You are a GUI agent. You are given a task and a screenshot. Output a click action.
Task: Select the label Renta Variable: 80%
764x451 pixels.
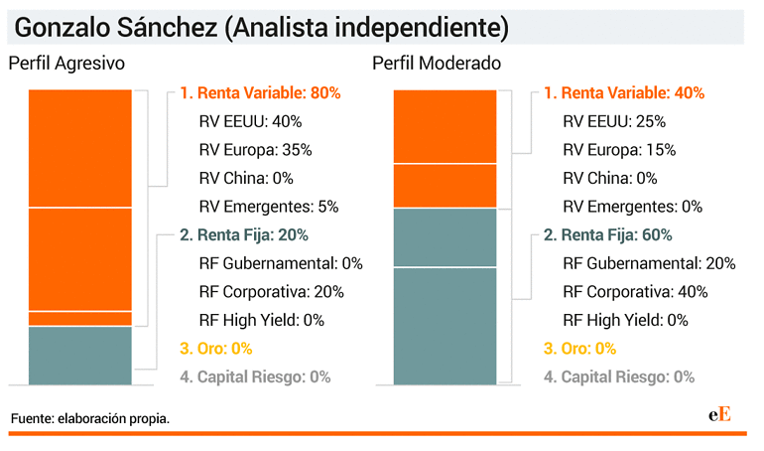pos(260,93)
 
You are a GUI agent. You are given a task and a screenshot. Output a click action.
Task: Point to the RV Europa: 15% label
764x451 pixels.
pos(619,150)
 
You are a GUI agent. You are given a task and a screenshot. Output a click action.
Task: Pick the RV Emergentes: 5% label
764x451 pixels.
pos(269,207)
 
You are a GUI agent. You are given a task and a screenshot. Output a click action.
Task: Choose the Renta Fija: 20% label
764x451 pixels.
pos(244,235)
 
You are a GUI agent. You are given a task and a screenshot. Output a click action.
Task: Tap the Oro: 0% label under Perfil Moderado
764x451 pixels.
pos(579,349)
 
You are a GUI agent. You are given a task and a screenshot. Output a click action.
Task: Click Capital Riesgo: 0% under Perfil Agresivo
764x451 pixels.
pos(255,376)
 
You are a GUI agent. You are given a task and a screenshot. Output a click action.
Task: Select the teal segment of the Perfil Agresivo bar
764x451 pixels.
pos(79,356)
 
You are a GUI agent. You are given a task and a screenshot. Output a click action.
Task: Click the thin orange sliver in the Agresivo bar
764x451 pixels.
pos(79,319)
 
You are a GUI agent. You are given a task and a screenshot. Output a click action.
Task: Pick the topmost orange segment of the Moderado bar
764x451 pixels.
pos(445,126)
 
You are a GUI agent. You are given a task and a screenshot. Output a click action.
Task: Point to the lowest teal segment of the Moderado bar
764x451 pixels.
pos(445,326)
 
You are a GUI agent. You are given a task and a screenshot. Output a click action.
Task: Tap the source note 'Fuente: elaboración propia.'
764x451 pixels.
pos(90,419)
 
